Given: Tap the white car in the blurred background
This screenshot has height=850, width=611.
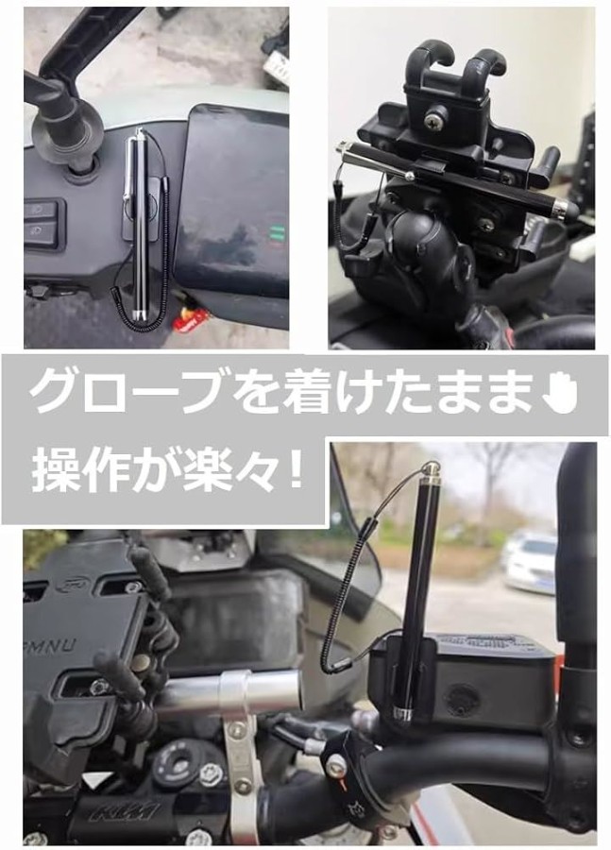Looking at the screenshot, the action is coord(530,562).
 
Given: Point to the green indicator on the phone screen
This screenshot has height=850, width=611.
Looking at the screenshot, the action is coord(277,233).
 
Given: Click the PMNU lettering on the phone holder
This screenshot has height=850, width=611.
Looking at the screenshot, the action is coord(52,646).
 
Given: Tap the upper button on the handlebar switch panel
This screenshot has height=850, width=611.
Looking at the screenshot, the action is coord(42,210).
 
